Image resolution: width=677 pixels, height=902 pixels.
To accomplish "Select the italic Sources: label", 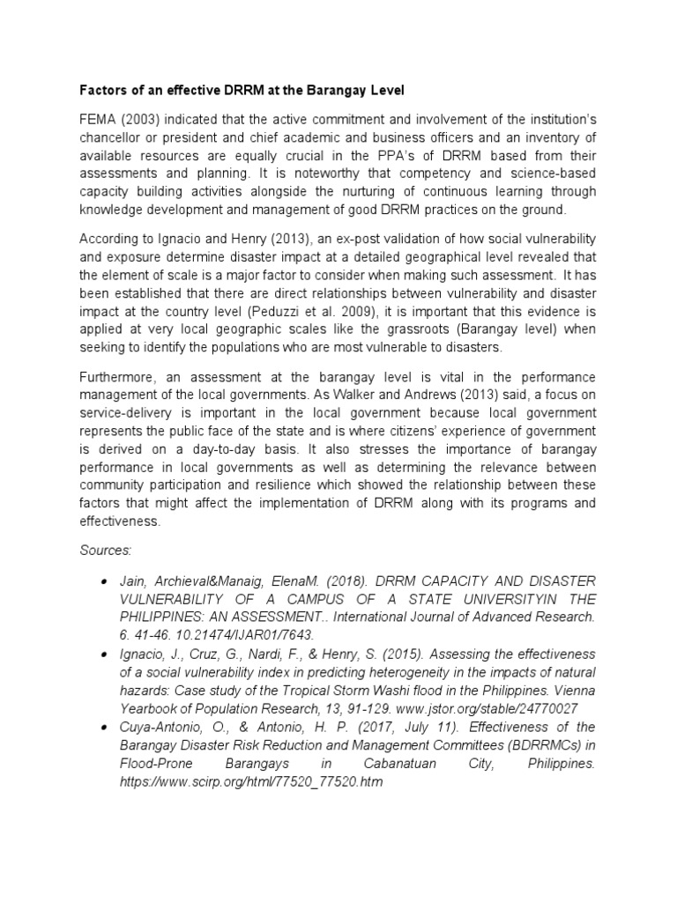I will [106, 550].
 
